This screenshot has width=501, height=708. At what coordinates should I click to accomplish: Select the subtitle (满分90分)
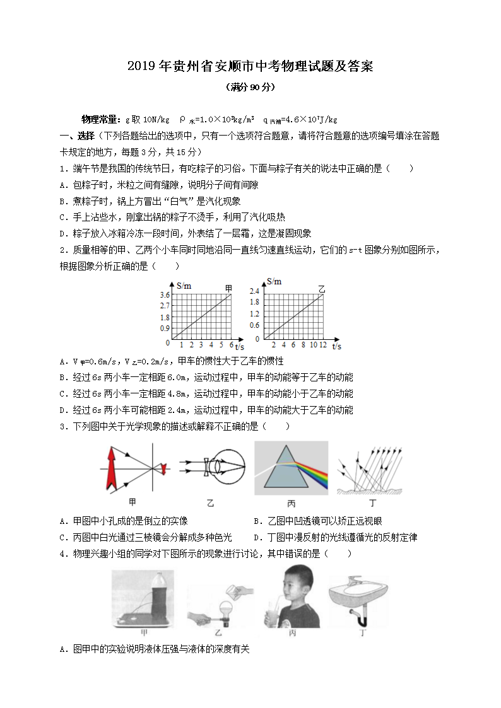(250, 88)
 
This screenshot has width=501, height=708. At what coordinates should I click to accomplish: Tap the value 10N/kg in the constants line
(155, 119)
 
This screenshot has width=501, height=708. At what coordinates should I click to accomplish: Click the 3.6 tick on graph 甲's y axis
(165, 295)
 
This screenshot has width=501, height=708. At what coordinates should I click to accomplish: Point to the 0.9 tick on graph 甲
(165, 328)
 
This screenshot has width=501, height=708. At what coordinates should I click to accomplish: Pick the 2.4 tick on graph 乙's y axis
(254, 291)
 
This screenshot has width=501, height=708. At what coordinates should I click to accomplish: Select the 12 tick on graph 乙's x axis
(323, 345)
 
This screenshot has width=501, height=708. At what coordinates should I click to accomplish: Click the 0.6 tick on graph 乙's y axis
(254, 325)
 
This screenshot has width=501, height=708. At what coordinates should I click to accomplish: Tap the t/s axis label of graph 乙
(336, 346)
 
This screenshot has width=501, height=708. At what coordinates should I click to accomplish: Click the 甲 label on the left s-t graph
(229, 289)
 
